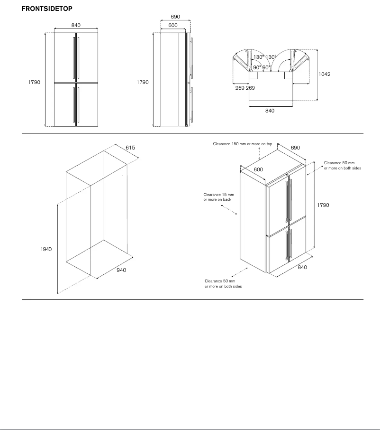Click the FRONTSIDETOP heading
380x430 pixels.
[x=47, y=9]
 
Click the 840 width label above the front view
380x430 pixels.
[x=76, y=25]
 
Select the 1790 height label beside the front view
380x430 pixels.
[x=34, y=82]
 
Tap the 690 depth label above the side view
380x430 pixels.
[x=175, y=17]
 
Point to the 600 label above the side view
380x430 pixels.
[x=173, y=25]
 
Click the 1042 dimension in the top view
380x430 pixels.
[x=325, y=74]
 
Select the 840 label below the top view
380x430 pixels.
[x=270, y=111]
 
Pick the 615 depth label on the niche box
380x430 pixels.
[x=130, y=148]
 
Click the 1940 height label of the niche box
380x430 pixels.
[x=46, y=249]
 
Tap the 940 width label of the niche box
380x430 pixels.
[x=121, y=271]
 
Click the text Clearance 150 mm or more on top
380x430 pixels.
[x=242, y=144]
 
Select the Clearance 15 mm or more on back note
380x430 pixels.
[x=218, y=197]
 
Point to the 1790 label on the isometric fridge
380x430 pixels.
[x=323, y=205]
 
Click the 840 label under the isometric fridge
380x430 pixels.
[x=302, y=267]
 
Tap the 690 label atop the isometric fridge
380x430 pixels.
[x=295, y=148]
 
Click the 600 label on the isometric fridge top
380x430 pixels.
[x=258, y=169]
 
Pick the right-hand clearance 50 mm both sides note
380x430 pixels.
[x=342, y=166]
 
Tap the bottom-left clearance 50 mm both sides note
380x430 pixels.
[x=223, y=284]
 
